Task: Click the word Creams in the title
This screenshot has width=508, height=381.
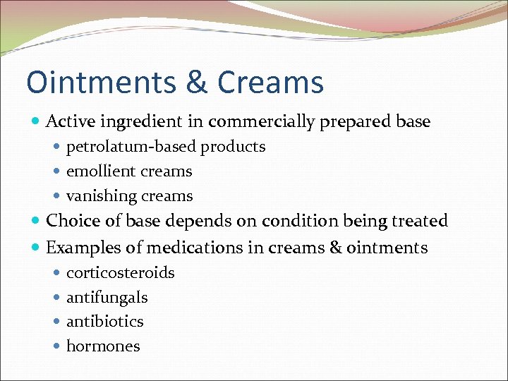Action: [271, 82]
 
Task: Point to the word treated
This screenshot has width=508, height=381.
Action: [421, 221]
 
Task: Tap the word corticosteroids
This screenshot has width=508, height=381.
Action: [120, 272]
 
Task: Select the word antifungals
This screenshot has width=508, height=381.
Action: [107, 297]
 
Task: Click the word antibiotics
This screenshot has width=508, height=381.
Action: [104, 322]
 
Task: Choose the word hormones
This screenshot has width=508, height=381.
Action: [103, 346]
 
